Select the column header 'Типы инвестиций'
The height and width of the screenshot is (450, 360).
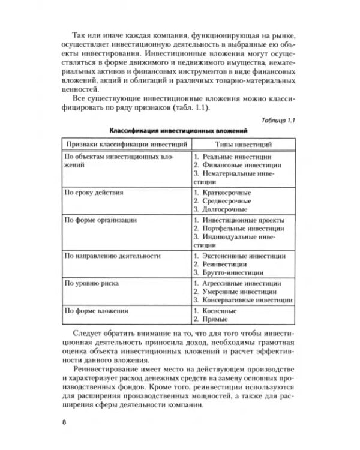pos(239,145)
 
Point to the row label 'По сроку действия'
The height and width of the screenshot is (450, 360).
pos(94,193)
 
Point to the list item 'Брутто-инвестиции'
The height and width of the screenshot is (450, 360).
pos(231,272)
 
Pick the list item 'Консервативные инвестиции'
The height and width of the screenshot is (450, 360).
pos(246,300)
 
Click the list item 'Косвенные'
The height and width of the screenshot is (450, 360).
pos(218,310)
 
